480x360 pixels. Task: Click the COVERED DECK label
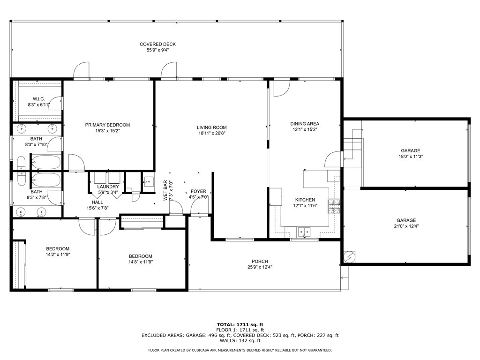(157, 44)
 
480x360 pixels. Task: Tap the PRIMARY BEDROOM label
(107, 125)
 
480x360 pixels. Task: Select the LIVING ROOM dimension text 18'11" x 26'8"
(212, 133)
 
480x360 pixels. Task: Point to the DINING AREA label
(305, 124)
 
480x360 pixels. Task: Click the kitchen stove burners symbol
(334, 206)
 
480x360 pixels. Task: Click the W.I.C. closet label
(39, 99)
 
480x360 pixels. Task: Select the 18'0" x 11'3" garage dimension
(410, 157)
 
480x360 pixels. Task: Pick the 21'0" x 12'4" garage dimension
(406, 226)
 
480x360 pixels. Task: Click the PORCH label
(260, 262)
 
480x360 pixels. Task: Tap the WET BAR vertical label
(165, 190)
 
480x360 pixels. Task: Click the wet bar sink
(148, 181)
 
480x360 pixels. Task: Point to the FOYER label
(198, 191)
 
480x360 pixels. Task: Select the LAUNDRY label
(108, 187)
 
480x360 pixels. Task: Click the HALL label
(97, 202)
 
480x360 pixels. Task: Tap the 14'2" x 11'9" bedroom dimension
(58, 255)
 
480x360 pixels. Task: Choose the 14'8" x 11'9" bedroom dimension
(141, 262)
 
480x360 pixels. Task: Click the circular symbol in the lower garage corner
(349, 257)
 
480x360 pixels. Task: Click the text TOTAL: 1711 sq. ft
(240, 324)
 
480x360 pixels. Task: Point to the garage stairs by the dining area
(352, 149)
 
